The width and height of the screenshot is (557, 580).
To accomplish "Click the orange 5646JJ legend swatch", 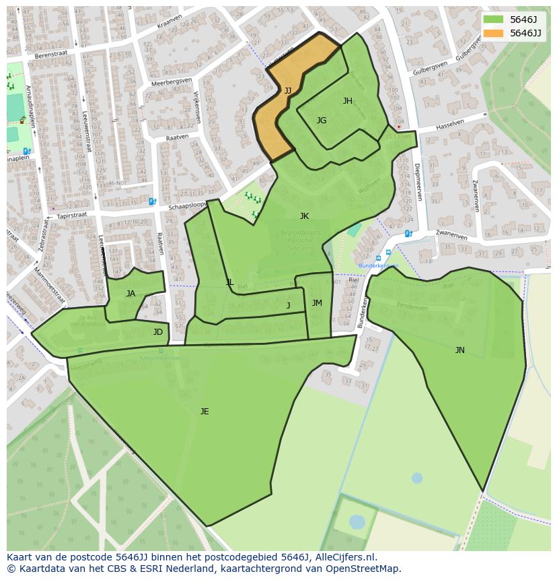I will click(x=492, y=33).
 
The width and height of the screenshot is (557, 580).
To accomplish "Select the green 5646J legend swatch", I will click(x=492, y=19).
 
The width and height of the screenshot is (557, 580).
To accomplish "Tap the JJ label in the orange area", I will click(x=287, y=91).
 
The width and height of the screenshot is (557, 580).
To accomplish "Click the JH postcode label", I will click(x=347, y=101).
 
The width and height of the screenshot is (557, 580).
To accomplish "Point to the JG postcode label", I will click(x=322, y=121).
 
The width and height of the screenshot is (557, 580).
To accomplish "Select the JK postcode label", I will click(x=304, y=216).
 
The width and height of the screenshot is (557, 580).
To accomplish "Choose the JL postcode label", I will click(x=229, y=282).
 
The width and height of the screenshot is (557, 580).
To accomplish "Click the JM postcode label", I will click(x=317, y=303).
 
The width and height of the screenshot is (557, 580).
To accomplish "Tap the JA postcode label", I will click(x=131, y=293).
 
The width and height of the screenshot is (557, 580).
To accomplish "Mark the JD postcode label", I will click(x=157, y=332).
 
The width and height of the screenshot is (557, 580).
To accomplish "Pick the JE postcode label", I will click(x=205, y=412).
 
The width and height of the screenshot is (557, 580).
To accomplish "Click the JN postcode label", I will click(x=459, y=350).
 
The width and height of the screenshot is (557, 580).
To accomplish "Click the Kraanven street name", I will click(x=169, y=22).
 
